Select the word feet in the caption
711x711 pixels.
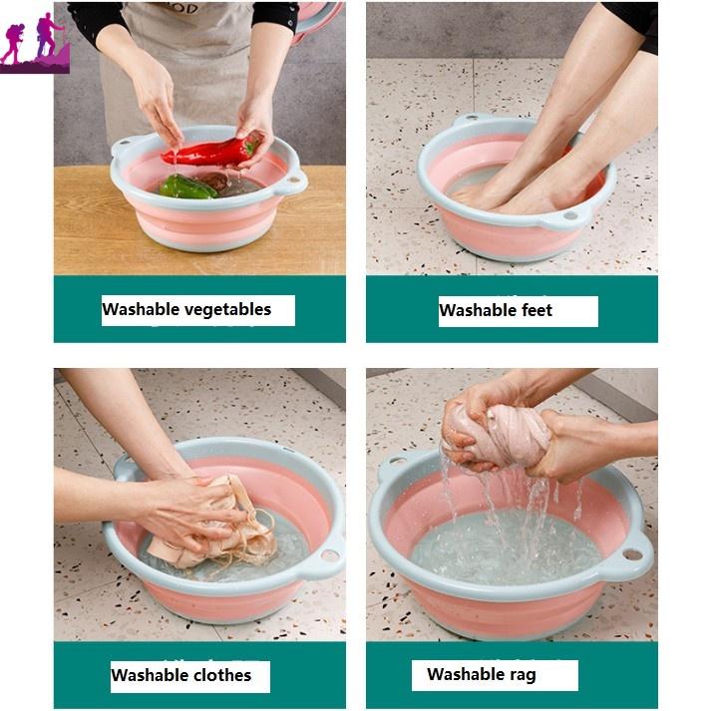[536, 310]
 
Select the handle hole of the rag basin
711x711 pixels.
[631, 554]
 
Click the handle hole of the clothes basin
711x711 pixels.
[330, 554]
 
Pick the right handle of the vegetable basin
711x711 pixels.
[293, 180]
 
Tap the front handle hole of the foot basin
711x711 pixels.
[570, 215]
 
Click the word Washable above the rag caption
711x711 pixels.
[459, 674]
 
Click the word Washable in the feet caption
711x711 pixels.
[479, 310]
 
